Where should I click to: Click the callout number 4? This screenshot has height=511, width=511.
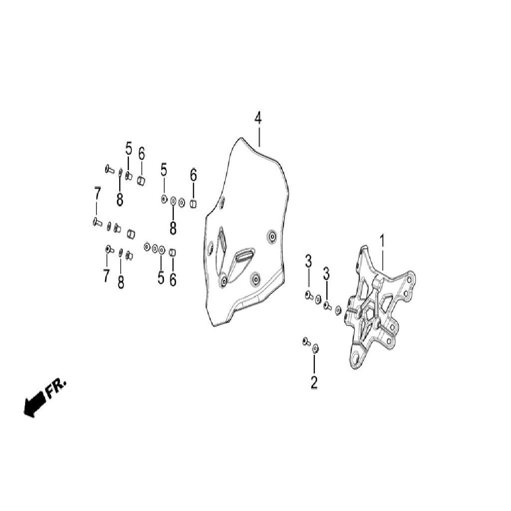coord(258,118)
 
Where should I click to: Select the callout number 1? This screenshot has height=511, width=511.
coord(382,241)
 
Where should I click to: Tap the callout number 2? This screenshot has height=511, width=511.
coord(314,382)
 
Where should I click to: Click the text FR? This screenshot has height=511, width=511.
coord(56,388)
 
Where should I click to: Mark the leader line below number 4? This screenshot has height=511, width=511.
coord(259,136)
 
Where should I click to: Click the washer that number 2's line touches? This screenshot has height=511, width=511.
coord(315,349)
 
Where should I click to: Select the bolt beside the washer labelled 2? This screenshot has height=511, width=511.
coord(306,341)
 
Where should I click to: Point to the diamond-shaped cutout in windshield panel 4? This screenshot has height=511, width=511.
coord(222,242)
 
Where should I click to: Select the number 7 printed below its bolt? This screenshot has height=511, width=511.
coord(106,275)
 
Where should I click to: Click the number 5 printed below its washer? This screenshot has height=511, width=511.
coord(161,277)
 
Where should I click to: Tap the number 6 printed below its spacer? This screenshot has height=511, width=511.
coord(173,279)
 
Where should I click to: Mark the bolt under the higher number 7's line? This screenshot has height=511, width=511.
coord(97,222)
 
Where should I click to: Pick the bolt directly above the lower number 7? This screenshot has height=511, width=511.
coord(109,250)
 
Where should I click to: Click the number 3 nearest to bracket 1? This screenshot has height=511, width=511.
coord(326,274)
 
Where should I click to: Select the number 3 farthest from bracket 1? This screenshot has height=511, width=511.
coord(308,261)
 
